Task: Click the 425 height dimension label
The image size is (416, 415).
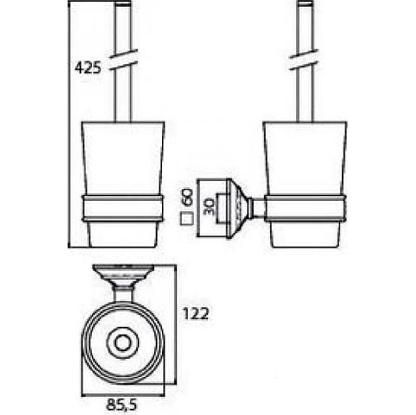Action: pos(88,68)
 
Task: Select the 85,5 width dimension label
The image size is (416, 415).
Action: pos(122,405)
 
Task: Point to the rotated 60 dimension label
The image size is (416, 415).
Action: pos(187,197)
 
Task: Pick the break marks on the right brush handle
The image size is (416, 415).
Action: pos(304,60)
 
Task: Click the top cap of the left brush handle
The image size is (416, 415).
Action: pos(123,3)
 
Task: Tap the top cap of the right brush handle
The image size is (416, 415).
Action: pos(306,3)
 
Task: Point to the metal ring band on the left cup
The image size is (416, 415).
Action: pos(122,208)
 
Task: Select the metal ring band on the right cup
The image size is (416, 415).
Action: pos(305,208)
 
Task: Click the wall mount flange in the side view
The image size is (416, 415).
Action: pos(238,209)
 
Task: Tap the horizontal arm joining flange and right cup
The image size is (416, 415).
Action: pos(257,208)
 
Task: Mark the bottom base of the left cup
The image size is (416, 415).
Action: pos(123,234)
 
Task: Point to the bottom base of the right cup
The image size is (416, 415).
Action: pos(305,234)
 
